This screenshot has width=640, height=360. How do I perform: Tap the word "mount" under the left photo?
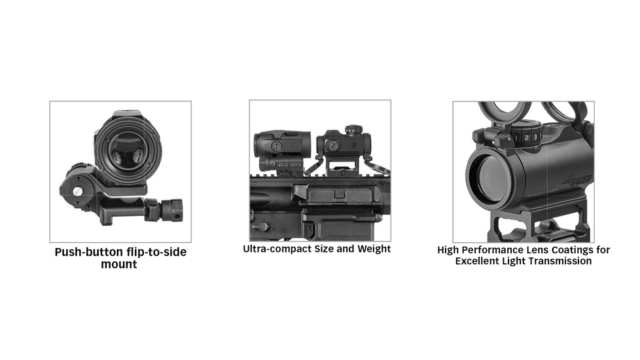point(119,264)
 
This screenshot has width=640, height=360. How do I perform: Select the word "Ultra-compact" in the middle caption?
point(273,249)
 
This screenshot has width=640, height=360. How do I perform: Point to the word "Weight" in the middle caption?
point(374,249)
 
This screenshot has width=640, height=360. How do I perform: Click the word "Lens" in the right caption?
point(535,250)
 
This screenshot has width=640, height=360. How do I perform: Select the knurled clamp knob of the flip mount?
point(172,210)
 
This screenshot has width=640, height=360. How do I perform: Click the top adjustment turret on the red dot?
point(354,130)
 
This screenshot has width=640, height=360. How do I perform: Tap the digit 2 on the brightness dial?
point(525,138)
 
